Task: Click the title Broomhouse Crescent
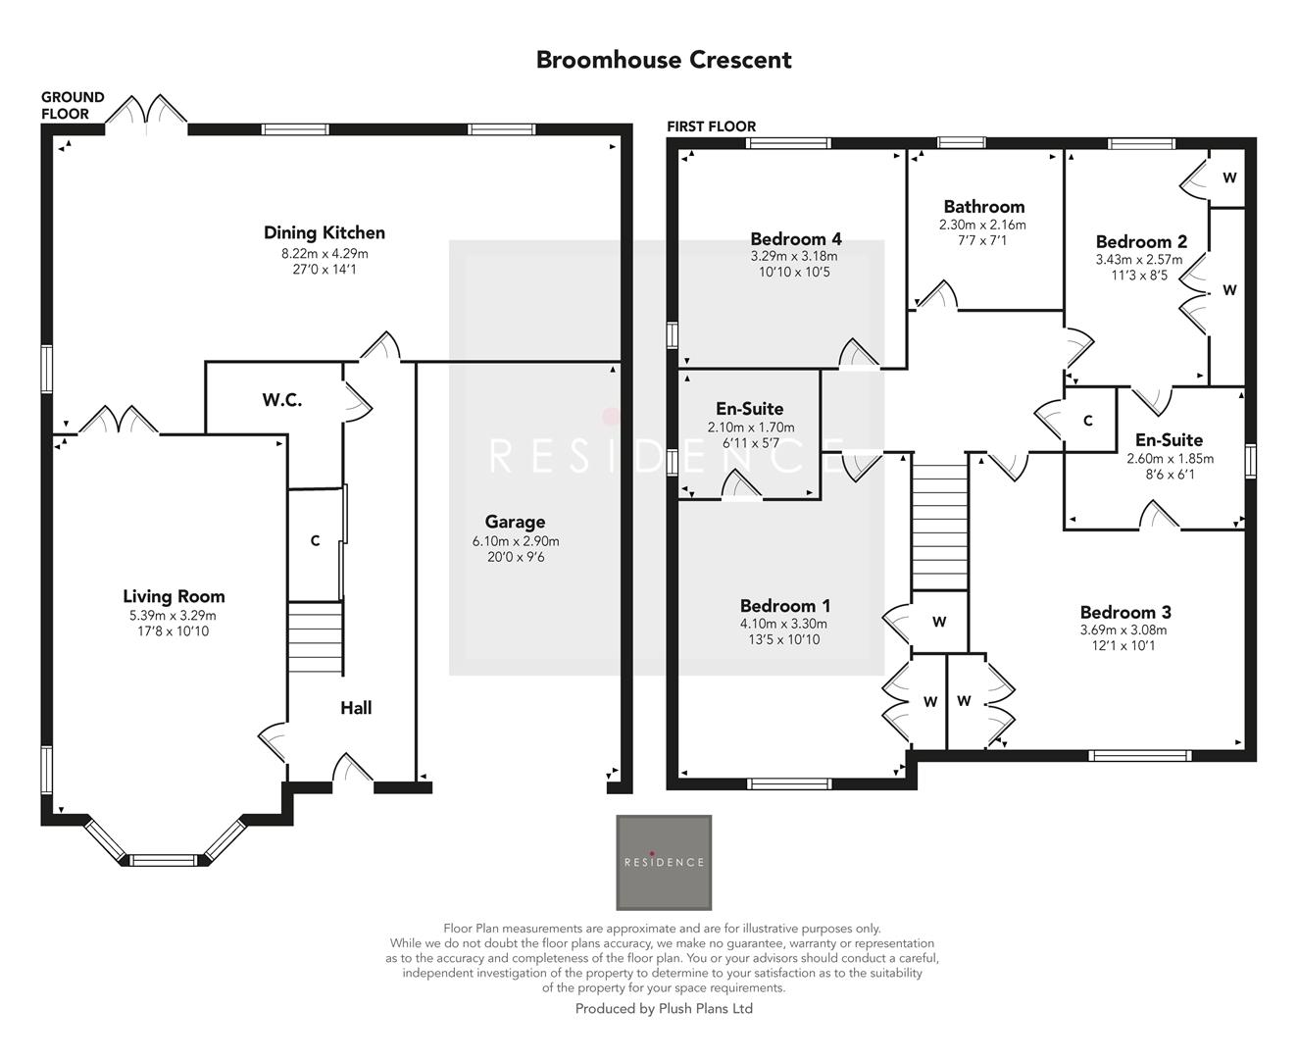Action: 664,60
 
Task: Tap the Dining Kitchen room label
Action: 324,232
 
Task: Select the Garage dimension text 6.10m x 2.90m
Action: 516,541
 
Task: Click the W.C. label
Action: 281,400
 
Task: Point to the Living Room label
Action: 174,596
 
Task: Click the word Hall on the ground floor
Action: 356,708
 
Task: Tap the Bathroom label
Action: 983,207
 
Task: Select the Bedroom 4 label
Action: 795,239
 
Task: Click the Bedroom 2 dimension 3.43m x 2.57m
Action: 1139,260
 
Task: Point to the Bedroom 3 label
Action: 1124,613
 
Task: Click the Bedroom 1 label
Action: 784,606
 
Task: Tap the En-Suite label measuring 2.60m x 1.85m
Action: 1169,440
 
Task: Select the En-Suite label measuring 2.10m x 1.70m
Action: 749,409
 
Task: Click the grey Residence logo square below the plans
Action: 664,862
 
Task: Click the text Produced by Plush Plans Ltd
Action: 664,1008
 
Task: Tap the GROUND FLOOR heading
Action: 73,105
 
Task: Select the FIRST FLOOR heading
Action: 711,126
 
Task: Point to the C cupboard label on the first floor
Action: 1088,421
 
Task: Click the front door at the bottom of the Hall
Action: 353,772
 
